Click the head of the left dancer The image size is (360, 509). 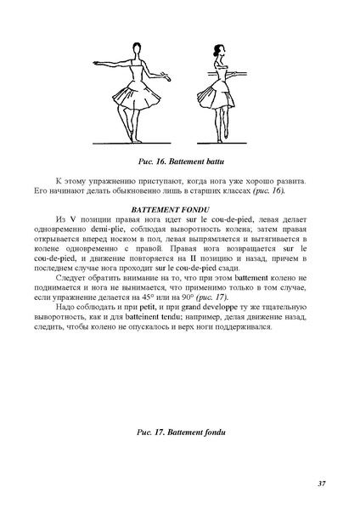137,52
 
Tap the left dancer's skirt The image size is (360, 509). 136,98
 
